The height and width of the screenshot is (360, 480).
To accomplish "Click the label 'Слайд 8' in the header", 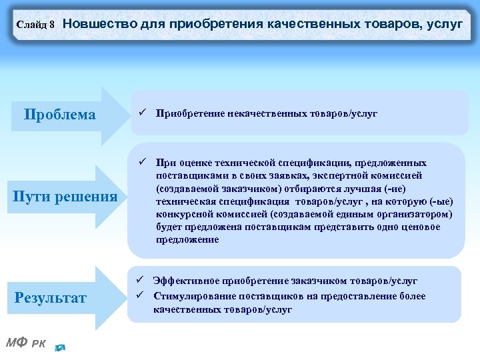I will coord(35,25).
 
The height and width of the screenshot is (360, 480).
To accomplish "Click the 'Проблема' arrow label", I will coord(59,115).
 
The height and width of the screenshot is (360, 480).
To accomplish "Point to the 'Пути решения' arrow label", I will coord(65,197).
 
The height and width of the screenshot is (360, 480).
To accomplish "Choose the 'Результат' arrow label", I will coord(51,297).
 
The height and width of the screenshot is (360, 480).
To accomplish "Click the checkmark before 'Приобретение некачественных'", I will coord(142,113).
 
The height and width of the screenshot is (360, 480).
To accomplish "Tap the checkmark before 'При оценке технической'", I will coord(142,162).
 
